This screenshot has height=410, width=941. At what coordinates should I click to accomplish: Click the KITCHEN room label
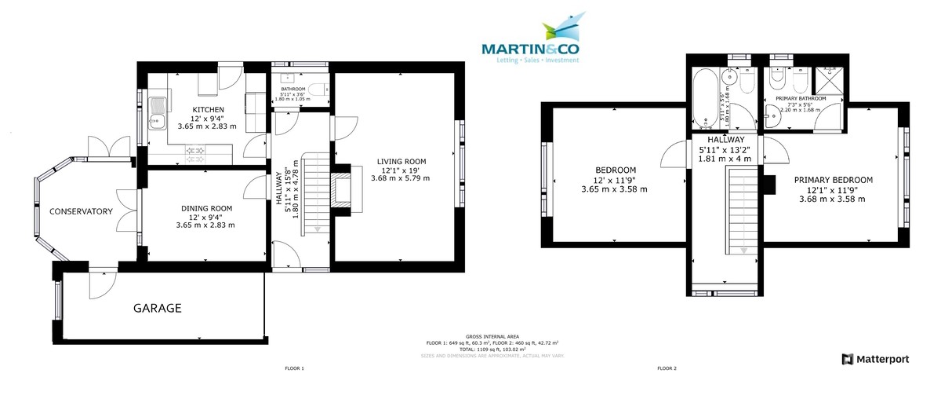click(x=209, y=109)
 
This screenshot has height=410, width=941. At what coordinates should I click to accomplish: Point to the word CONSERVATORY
click(x=82, y=212)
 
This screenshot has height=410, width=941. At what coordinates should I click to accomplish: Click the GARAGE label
click(x=156, y=309)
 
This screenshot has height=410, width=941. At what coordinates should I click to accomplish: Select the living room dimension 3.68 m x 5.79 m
click(x=400, y=178)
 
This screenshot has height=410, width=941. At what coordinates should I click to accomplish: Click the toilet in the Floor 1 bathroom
click(x=315, y=89)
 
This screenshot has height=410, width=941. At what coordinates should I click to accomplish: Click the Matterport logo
click(x=875, y=359)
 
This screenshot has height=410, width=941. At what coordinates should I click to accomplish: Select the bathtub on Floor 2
click(x=703, y=98)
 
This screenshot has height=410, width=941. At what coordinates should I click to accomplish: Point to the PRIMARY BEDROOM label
click(x=832, y=180)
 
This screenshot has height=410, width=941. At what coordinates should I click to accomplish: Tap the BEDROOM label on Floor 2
click(x=615, y=170)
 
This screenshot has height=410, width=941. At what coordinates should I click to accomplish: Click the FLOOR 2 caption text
click(x=667, y=368)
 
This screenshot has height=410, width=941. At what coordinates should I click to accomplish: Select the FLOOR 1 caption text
click(x=294, y=368)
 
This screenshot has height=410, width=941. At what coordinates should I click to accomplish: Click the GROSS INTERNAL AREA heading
click(x=492, y=336)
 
